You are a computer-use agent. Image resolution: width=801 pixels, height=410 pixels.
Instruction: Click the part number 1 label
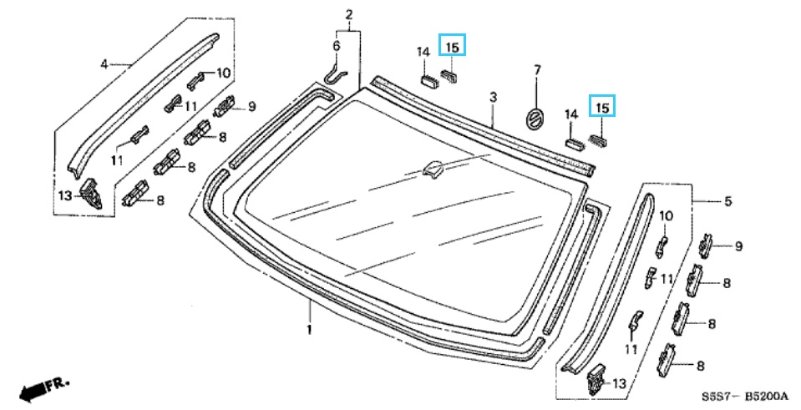coord(309,329)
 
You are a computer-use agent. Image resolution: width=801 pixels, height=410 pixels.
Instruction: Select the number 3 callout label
coord(493,99)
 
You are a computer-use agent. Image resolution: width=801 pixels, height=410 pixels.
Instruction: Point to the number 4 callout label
coord(104,63)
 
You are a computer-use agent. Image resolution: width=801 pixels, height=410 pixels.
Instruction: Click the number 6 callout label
coord(337,45)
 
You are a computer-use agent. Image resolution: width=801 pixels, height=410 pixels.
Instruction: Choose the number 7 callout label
coord(537,68)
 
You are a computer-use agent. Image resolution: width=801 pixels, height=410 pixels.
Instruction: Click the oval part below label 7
coord(534,117)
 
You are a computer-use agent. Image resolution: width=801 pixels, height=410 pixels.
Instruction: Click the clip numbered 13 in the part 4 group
coord(91,195)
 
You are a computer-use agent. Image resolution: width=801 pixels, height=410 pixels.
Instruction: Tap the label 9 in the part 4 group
coord(251,106)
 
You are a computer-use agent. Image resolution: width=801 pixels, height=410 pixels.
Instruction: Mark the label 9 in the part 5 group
coord(738,245)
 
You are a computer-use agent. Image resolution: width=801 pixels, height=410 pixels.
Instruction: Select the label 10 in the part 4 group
coord(223,73)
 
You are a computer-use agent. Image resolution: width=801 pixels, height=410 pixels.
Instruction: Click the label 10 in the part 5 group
coord(666,216)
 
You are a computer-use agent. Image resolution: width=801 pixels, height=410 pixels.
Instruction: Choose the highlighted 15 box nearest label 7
coord(602,106)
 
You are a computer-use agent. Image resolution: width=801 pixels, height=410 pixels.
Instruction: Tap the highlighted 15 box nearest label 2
coord(452,46)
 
